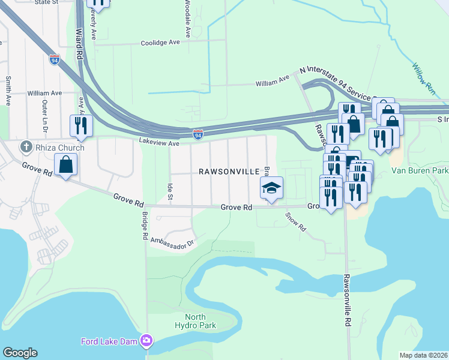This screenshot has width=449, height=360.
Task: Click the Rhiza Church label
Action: point(59,147)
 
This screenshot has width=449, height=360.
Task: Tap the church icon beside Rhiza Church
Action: point(26,147)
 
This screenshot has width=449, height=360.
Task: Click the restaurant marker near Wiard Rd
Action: point(81,125)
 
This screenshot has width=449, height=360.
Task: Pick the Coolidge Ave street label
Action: point(160,43)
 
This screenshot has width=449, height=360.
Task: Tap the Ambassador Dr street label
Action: point(173,244)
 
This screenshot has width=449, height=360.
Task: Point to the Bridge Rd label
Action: point(145,225)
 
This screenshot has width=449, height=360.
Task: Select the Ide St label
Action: point(170,192)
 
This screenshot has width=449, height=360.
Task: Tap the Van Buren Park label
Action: point(420,171)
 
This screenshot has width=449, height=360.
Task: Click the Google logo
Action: point(20,353)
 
